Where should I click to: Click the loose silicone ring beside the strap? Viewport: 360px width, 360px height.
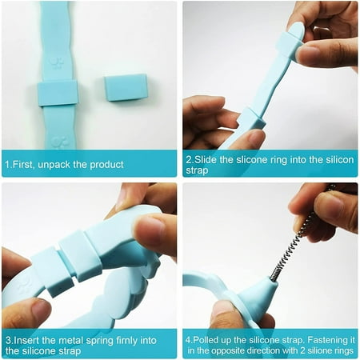tap(126, 87)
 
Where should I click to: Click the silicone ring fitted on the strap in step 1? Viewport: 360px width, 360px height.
tap(58, 93)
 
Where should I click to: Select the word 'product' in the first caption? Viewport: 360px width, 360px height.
tap(106, 165)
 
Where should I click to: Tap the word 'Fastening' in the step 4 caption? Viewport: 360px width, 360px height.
tap(327, 340)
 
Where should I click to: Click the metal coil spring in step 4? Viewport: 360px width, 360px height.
tap(295, 243)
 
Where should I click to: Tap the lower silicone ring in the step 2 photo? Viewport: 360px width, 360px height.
tap(252, 119)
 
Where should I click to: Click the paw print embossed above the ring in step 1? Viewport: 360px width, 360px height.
tap(57, 63)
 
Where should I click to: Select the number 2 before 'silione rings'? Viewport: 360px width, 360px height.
tap(302, 350)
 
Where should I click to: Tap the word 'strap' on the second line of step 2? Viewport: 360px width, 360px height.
tap(197, 170)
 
